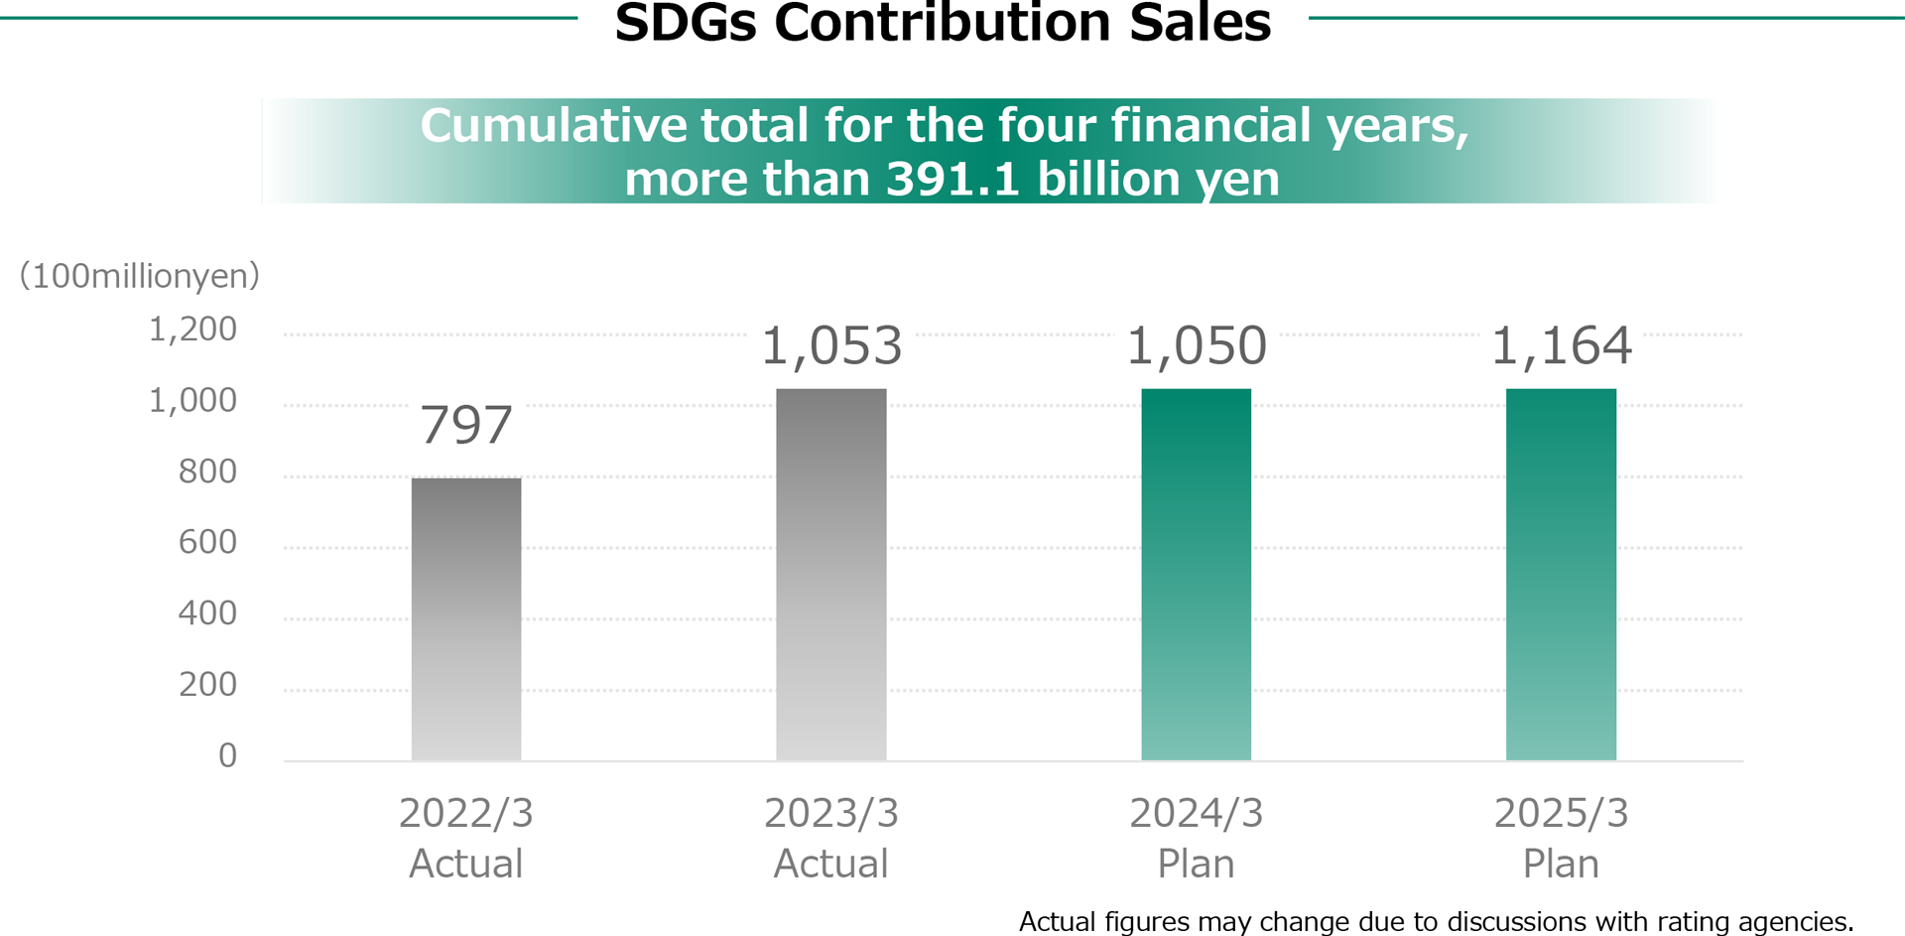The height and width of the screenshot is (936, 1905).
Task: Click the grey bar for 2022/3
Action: [x=465, y=619]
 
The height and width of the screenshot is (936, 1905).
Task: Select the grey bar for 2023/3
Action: [x=830, y=575]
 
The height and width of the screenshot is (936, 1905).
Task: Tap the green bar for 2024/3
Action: [x=1196, y=575]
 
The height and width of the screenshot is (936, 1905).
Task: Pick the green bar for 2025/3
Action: [x=1561, y=575]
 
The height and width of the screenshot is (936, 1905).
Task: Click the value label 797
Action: [x=465, y=425]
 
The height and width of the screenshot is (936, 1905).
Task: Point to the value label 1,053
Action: [x=831, y=346]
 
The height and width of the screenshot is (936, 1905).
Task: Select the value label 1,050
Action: [x=1196, y=346]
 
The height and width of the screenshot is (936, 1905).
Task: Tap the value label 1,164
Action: [x=1561, y=346]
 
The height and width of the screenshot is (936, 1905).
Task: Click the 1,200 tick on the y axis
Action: [x=192, y=330]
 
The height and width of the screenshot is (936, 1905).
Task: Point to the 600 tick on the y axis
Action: [x=207, y=542]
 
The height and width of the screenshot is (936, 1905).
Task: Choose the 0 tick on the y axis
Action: [x=227, y=756]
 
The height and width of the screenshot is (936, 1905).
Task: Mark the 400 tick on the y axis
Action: [x=207, y=613]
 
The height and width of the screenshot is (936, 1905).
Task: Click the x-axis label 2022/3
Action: [x=465, y=814]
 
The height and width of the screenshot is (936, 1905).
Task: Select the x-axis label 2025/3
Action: [x=1561, y=814]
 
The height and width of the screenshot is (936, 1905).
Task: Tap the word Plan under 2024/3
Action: [x=1196, y=865]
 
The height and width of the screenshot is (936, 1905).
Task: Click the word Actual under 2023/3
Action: [x=830, y=865]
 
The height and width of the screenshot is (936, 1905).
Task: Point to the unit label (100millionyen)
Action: [x=139, y=276]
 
